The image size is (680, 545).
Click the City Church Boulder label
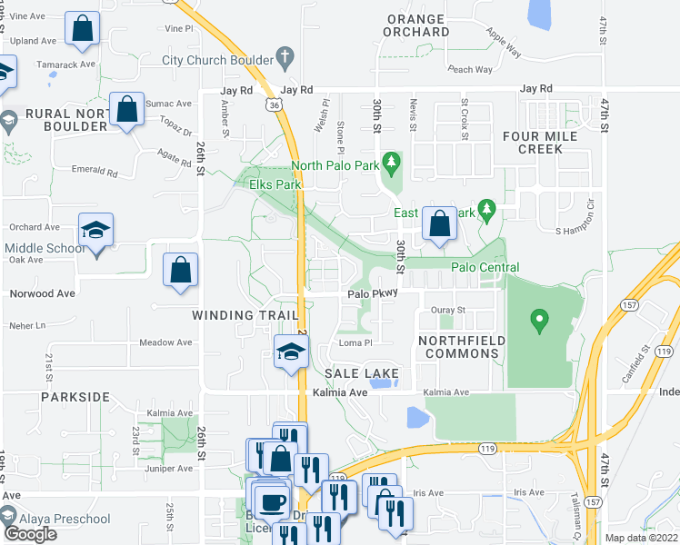pyautogui.click(x=217, y=60)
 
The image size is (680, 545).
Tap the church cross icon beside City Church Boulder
pyautogui.click(x=285, y=58)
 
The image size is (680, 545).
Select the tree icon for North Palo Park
pyautogui.click(x=392, y=165)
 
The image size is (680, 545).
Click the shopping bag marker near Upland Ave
pyautogui.click(x=83, y=29)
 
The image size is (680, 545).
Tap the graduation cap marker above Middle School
pyautogui.click(x=95, y=231)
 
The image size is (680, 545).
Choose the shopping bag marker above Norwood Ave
pyautogui.click(x=180, y=270)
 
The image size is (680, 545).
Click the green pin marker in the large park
pyautogui.click(x=539, y=321)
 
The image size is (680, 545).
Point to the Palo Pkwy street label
pyautogui.click(x=371, y=294)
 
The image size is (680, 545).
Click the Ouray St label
pyautogui.click(x=446, y=310)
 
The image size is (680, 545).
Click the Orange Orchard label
pyautogui.click(x=417, y=25)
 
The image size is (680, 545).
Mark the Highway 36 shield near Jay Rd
pyautogui.click(x=274, y=104)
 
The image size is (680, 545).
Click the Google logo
pyautogui.click(x=30, y=533)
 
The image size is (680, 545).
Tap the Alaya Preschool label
pyautogui.click(x=68, y=520)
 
